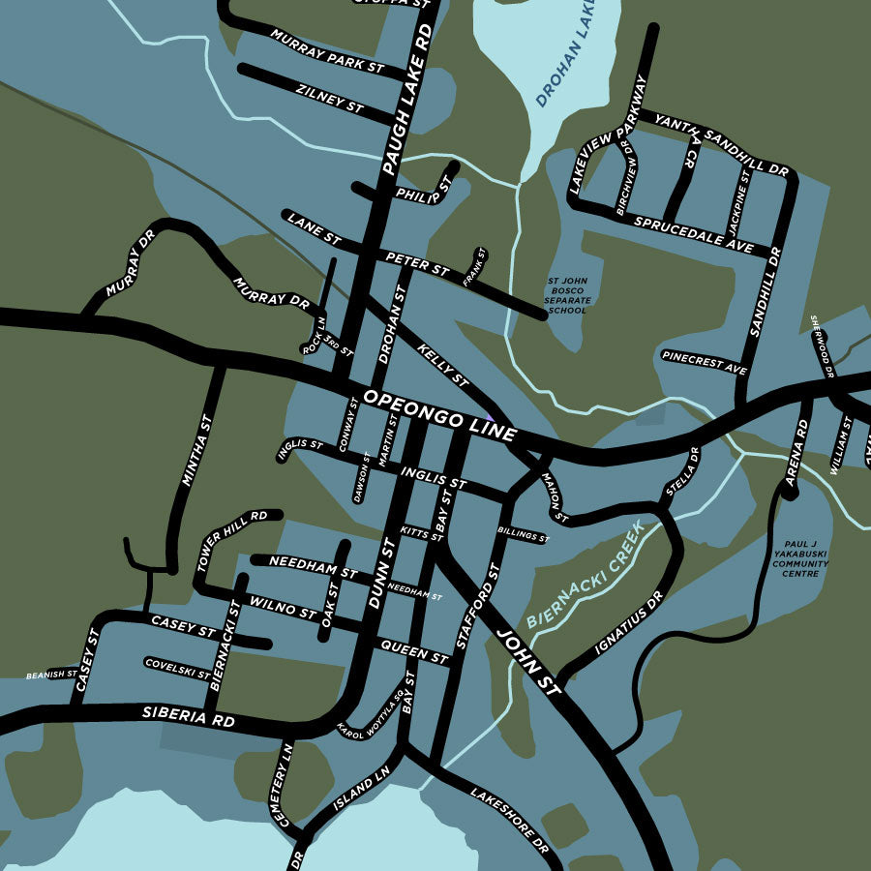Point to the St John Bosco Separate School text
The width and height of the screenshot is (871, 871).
click(x=566, y=296)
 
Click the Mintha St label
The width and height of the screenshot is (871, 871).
click(x=196, y=451)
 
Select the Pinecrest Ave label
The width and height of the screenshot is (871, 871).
click(x=705, y=362)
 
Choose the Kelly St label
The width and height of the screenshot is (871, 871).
click(x=443, y=362)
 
